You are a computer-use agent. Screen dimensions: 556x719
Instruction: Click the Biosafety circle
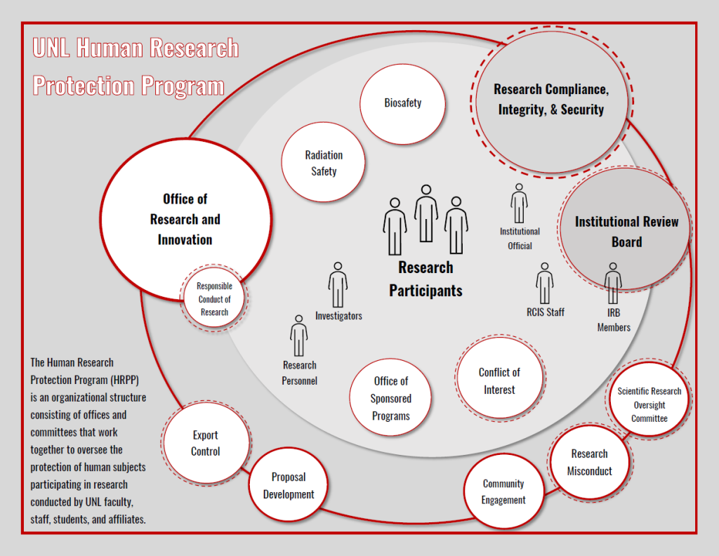402,103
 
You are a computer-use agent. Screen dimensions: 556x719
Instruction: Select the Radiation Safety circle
324,163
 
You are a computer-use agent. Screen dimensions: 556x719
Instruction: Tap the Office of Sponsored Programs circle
391,398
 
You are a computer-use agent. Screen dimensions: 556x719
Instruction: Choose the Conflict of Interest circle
499,380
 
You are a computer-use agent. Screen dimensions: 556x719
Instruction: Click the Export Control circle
205,443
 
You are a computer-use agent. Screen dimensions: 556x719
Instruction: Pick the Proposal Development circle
289,485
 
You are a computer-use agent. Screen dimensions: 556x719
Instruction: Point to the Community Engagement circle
503,491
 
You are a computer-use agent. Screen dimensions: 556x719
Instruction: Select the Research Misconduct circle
590,462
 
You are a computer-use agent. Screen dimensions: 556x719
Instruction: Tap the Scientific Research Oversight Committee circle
649,404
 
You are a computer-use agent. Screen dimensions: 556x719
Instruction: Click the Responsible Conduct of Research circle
214,298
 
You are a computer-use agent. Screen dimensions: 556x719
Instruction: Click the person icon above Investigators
338,285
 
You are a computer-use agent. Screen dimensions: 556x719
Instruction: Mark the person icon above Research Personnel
299,336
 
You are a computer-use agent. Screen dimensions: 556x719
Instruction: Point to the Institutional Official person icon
519,204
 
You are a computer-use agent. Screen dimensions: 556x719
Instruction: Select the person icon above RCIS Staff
545,284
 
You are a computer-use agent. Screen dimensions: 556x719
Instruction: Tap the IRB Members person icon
613,284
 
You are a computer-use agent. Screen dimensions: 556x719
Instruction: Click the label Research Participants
426,279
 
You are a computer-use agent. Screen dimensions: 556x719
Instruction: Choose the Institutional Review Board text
626,232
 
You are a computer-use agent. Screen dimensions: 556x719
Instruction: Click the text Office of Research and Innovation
185,219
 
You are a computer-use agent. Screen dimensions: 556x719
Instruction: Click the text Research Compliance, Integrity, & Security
550,99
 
